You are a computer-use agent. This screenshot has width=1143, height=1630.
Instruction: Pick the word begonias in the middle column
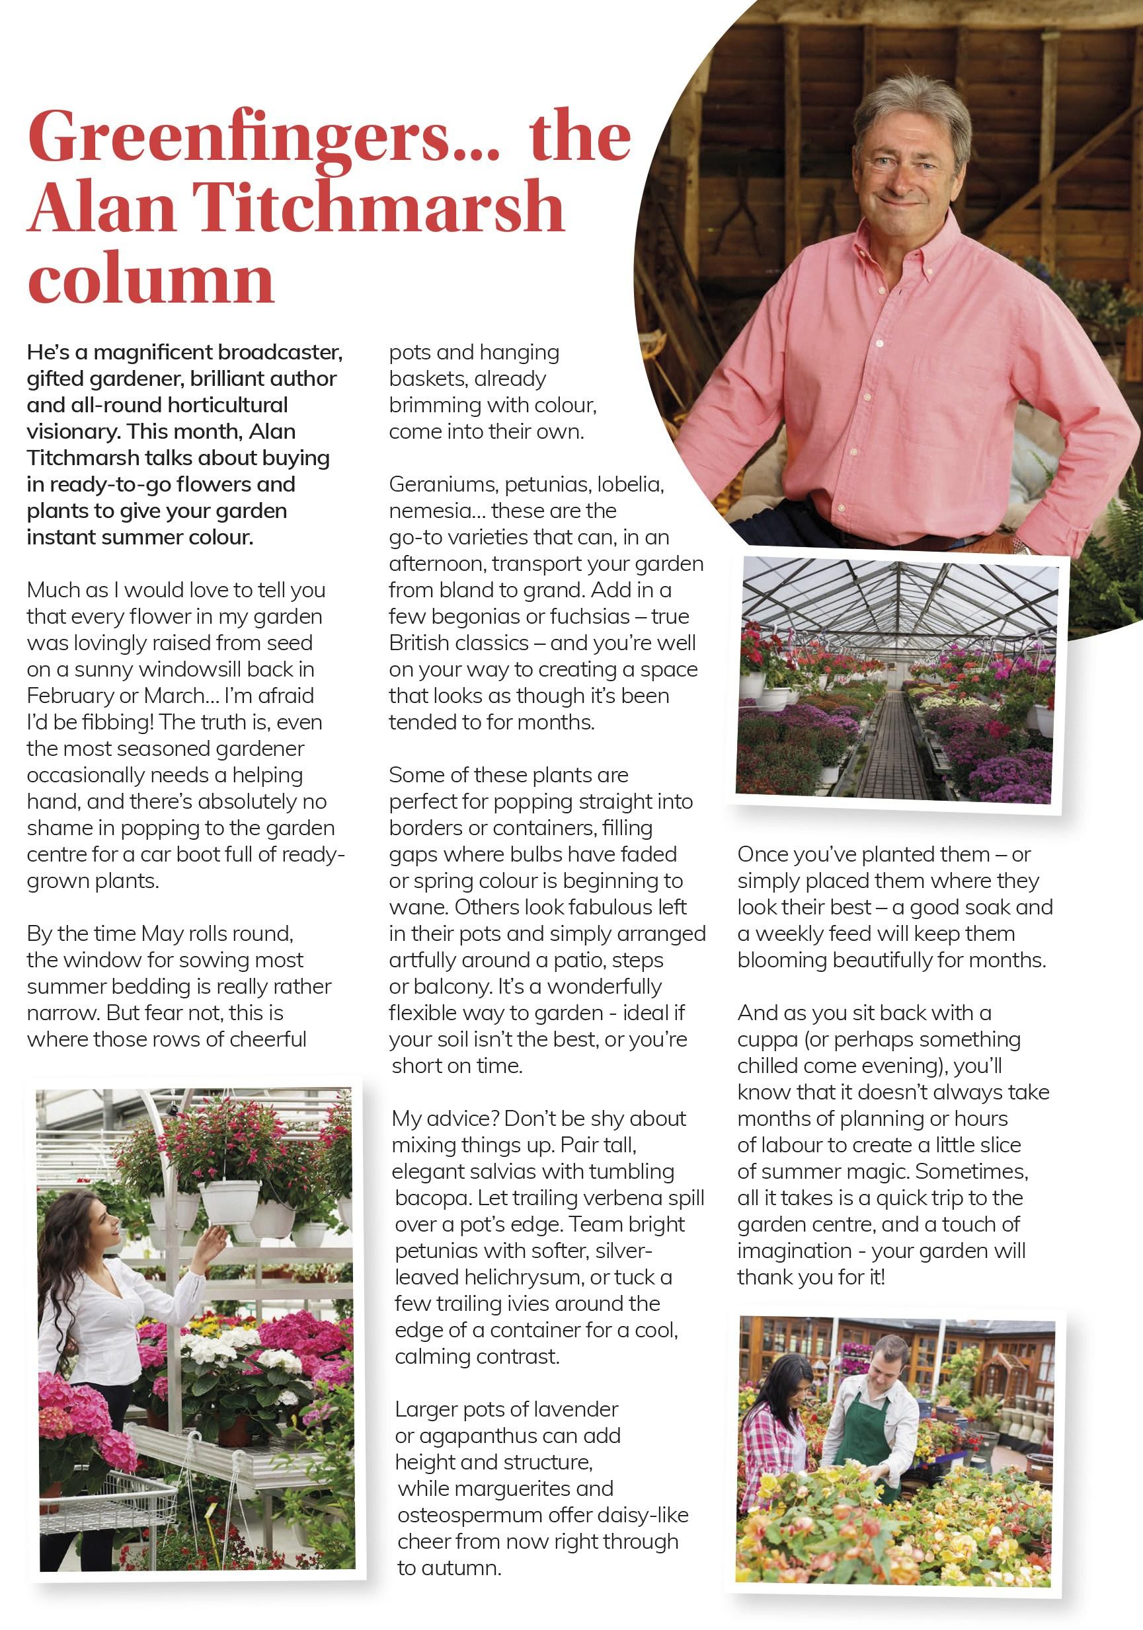pos(469,616)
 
